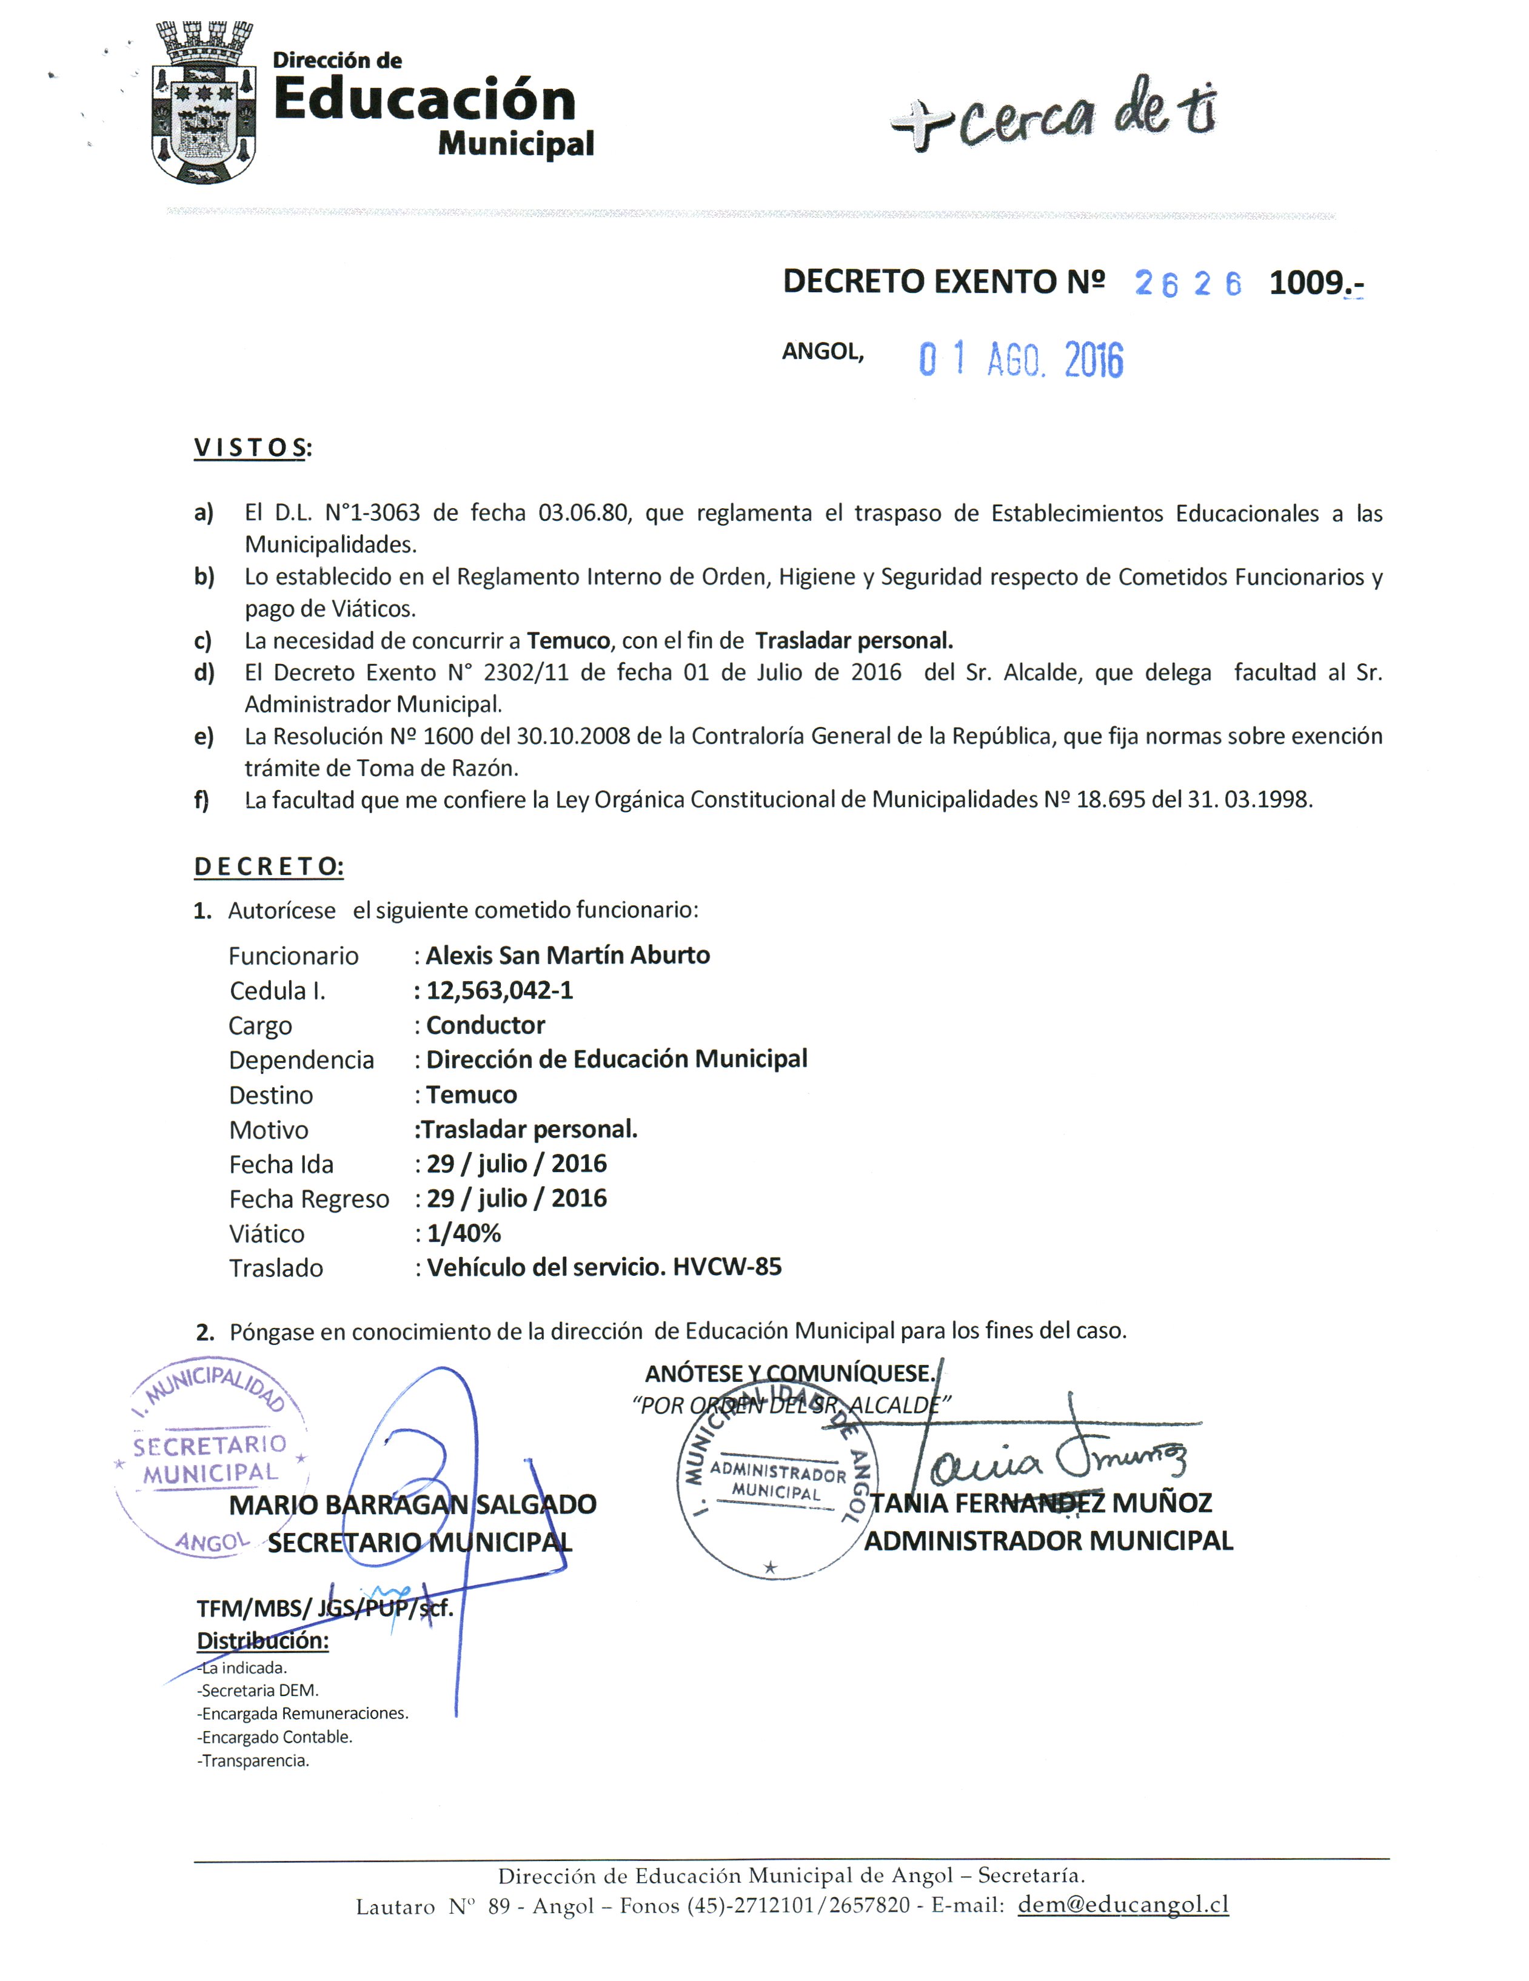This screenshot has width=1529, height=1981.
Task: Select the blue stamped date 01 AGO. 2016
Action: coord(1020,360)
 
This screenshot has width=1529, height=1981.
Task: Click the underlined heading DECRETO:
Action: coord(269,866)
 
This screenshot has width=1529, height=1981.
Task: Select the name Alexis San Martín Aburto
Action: coord(567,955)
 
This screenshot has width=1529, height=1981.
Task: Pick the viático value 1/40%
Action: coord(463,1233)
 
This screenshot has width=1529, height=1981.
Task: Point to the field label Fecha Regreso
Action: coord(309,1199)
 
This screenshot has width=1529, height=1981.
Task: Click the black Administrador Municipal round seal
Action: coord(775,1487)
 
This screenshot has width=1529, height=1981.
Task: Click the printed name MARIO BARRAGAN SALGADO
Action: coord(413,1505)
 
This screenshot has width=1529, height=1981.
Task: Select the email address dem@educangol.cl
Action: coord(1123,1905)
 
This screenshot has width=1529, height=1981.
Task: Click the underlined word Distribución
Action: coord(262,1640)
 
